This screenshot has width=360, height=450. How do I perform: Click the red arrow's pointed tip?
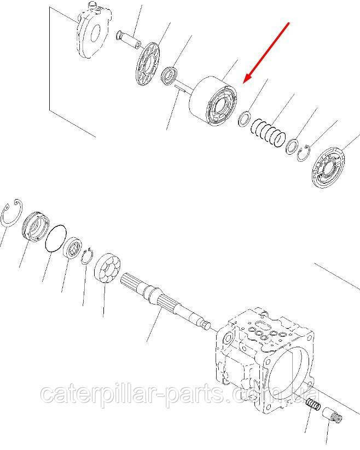click(243, 83)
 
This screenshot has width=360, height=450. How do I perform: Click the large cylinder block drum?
click(213, 101)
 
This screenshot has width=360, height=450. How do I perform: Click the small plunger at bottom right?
click(332, 417)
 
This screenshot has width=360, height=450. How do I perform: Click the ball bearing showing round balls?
click(107, 268)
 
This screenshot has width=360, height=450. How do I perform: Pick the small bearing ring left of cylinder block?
click(170, 75)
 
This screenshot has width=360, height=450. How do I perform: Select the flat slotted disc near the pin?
click(147, 64)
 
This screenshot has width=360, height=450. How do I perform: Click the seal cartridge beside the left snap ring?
click(36, 226)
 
